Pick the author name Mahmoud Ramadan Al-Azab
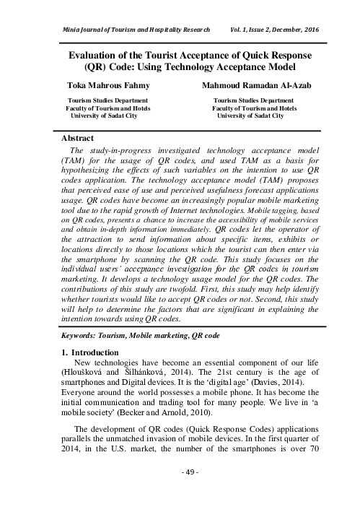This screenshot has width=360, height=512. click(x=250, y=86)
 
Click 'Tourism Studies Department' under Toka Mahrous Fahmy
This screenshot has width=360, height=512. click(x=107, y=100)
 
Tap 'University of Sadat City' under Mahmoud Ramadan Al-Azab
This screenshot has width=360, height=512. click(x=250, y=115)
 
